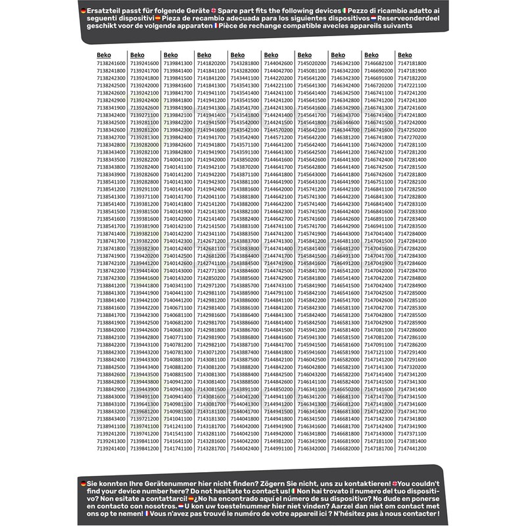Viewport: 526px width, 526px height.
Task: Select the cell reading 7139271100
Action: pyautogui.click(x=145, y=114)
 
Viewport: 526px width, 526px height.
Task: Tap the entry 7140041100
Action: pyautogui.click(x=178, y=159)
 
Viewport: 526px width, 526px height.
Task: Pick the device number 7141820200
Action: pyautogui.click(x=211, y=63)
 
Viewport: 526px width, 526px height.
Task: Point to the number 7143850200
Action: pyautogui.click(x=245, y=159)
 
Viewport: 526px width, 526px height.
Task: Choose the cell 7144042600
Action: pyautogui.click(x=278, y=63)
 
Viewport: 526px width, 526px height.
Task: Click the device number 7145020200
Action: pyautogui.click(x=312, y=63)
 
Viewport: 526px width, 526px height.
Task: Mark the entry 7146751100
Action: pyautogui.click(x=379, y=181)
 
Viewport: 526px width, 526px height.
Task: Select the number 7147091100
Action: pyautogui.click(x=379, y=344)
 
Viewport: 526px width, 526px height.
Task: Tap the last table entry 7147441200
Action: pyautogui.click(x=412, y=448)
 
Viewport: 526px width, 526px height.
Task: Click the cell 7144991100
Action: pyautogui.click(x=278, y=448)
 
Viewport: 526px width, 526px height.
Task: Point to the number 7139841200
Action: pyautogui.click(x=145, y=448)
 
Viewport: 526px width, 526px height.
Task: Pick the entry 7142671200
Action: pyautogui.click(x=211, y=241)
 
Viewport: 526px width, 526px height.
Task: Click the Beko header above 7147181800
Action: pyautogui.click(x=404, y=55)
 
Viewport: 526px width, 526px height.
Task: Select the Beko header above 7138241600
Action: pyautogui.click(x=104, y=55)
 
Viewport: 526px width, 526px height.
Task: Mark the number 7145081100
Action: pyautogui.click(x=312, y=70)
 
